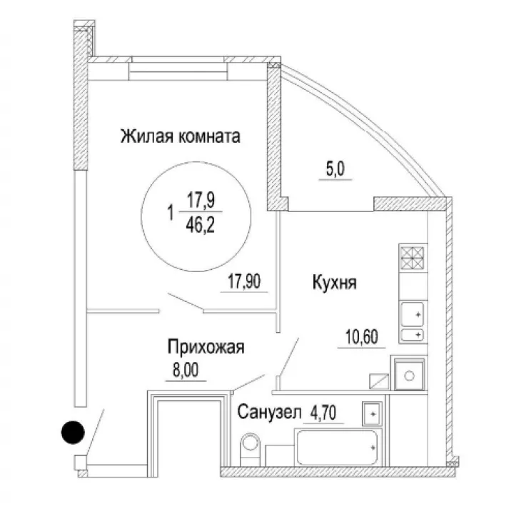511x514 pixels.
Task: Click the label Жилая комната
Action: click(x=181, y=136)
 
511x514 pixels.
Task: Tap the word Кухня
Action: click(x=334, y=283)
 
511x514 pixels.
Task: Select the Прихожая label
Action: click(x=206, y=347)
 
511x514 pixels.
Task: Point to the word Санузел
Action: click(x=269, y=412)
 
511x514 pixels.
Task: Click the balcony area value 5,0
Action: click(x=335, y=169)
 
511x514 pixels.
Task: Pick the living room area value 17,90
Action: click(x=244, y=281)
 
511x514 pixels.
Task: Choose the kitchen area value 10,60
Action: click(x=362, y=337)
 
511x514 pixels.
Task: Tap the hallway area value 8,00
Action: click(x=186, y=371)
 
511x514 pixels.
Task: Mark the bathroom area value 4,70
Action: click(x=323, y=413)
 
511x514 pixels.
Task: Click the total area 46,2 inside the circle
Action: click(x=200, y=225)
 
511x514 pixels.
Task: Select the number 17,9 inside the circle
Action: click(x=201, y=200)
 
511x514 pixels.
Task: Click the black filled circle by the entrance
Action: click(x=73, y=433)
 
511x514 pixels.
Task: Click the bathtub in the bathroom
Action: click(x=338, y=447)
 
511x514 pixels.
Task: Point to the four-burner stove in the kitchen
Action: click(x=413, y=258)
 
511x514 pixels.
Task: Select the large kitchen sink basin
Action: click(x=413, y=314)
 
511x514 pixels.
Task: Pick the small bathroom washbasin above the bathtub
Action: click(x=373, y=413)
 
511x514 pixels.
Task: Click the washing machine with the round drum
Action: click(x=409, y=375)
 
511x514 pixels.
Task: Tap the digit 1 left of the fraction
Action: click(x=170, y=213)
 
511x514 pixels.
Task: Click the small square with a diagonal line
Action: click(x=379, y=381)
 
